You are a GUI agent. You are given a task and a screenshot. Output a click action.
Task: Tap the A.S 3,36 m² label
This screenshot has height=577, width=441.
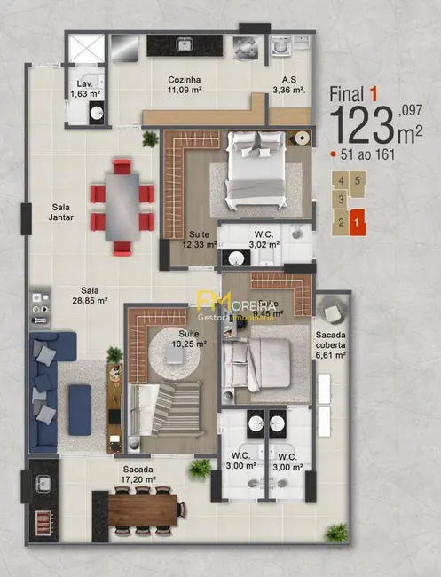(x=288, y=84)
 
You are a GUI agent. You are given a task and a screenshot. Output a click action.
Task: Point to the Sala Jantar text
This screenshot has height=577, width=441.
(x=61, y=212)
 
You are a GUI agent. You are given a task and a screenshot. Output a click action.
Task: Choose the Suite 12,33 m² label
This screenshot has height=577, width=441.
(x=199, y=239)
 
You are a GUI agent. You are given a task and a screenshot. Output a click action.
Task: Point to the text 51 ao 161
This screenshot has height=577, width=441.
(x=368, y=154)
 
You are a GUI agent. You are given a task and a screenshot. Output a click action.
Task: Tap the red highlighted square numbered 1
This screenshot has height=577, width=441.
(x=356, y=224)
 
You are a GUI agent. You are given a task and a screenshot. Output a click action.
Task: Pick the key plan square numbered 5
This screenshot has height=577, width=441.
(x=357, y=181)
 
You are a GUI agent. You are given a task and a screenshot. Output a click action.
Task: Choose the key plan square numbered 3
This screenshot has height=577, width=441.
(x=340, y=201)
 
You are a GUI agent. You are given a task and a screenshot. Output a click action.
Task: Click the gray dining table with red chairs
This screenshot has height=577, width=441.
(x=121, y=202)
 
